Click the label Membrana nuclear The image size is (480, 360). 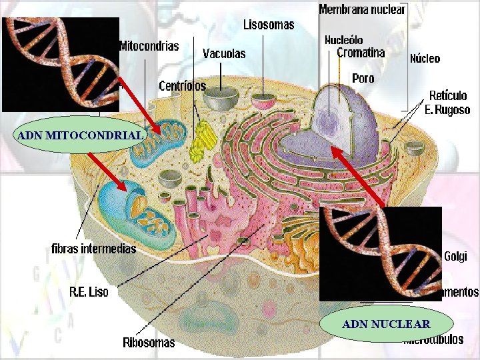coord(362,9)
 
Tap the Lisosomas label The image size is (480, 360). coord(268,25)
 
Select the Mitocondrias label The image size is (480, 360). coord(149,46)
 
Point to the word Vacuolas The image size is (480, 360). coord(224,53)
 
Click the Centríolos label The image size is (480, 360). coord(182,86)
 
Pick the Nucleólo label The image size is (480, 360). coord(343,40)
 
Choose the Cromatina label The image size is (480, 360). coord(361,53)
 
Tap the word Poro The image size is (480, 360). coord(363,78)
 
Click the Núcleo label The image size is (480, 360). coord(425,58)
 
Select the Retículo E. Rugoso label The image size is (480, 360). coord(448,103)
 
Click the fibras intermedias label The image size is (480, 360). coord(94,249)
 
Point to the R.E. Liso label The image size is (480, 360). coord(89,291)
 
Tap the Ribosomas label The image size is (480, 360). coord(149,343)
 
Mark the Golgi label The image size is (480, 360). coord(455,256)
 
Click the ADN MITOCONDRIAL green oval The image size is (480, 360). coord(80,136)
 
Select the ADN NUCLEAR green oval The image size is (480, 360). coord(386,324)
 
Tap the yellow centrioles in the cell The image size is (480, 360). coord(199,141)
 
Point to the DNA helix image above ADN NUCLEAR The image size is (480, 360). coord(381,253)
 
